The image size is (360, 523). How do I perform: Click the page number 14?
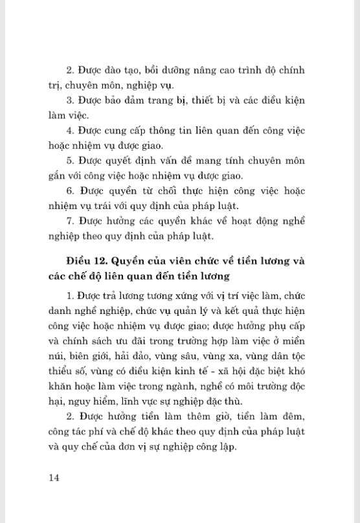(54, 477)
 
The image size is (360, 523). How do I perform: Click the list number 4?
(69, 131)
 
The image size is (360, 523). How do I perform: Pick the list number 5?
(69, 161)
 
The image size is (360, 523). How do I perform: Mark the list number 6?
(69, 191)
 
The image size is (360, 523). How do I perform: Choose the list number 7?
(69, 221)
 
